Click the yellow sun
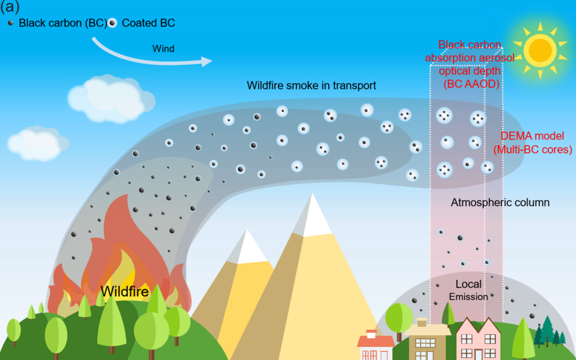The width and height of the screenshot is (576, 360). [540, 50]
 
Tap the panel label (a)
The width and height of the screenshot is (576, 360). [11, 8]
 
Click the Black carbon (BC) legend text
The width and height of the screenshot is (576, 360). [62, 23]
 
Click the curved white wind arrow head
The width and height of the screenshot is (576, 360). [206, 61]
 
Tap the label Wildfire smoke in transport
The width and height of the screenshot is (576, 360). [311, 85]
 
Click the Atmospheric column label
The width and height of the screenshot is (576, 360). [500, 202]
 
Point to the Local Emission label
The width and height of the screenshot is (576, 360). [468, 290]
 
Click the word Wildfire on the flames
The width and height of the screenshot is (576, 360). [125, 291]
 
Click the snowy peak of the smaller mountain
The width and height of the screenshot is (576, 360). [247, 246]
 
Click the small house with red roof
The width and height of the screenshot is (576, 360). [375, 347]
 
